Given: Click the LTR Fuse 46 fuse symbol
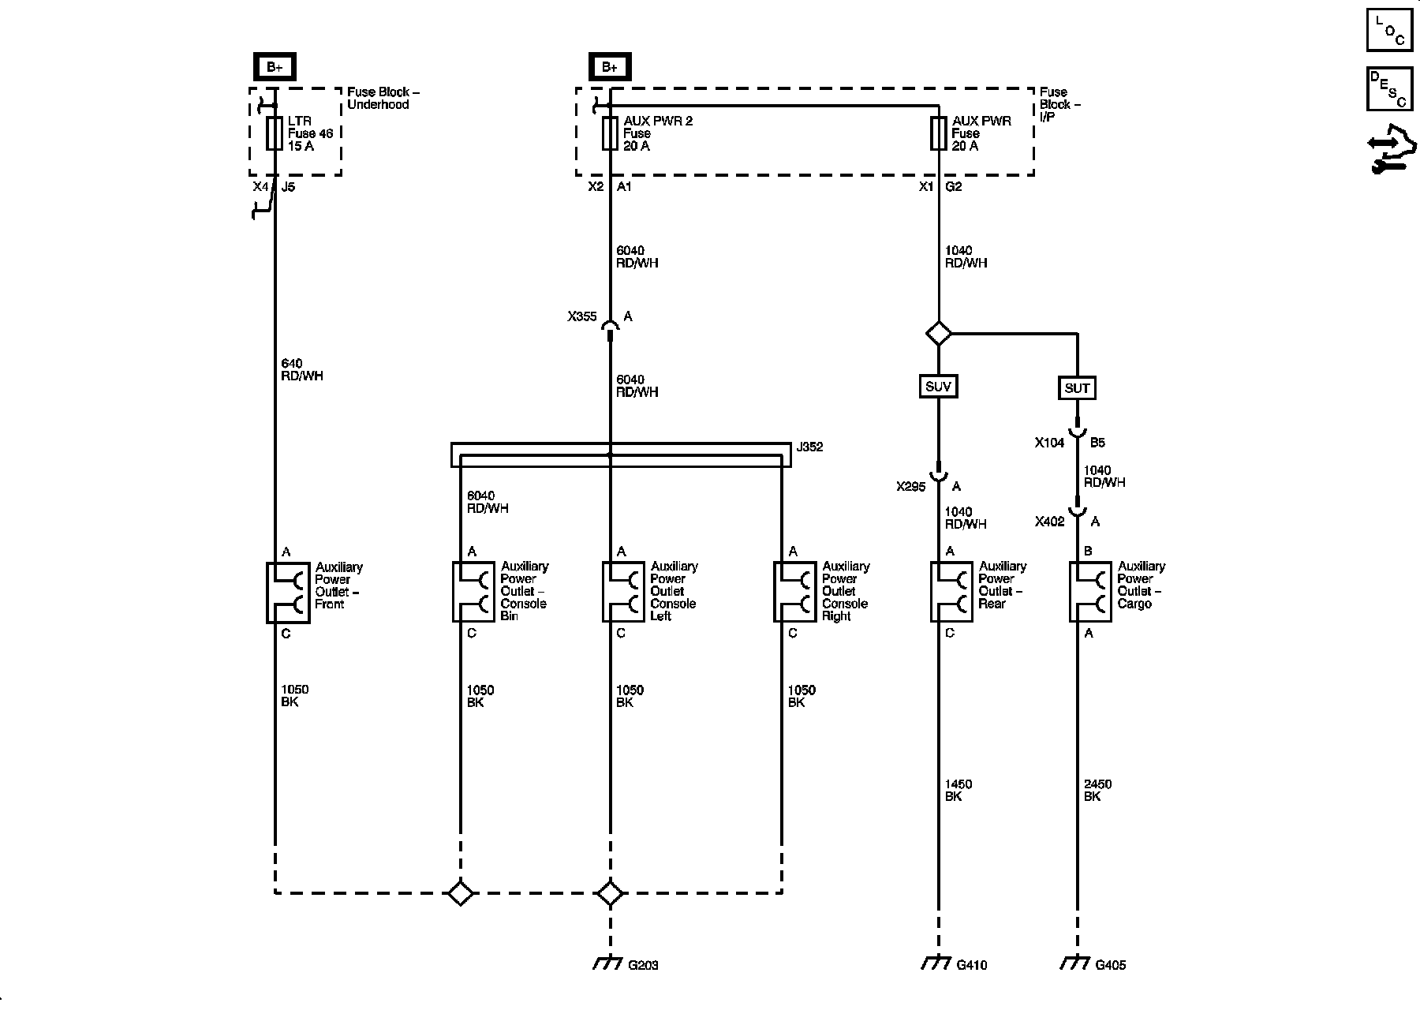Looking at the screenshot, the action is click(x=275, y=133).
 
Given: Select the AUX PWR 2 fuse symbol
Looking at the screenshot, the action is click(x=610, y=133).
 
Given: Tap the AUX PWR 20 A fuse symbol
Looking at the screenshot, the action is click(x=938, y=133).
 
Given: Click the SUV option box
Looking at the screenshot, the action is click(x=938, y=387).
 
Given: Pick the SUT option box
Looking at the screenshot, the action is click(x=1077, y=387).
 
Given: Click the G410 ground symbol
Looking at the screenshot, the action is click(x=936, y=964).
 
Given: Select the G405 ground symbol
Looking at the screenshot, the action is click(x=1074, y=964).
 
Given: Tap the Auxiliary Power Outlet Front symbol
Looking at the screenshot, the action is click(x=287, y=593).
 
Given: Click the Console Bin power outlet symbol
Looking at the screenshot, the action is click(x=473, y=592).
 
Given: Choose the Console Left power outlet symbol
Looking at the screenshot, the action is click(x=623, y=592).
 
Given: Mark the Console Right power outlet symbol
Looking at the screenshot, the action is click(x=794, y=592).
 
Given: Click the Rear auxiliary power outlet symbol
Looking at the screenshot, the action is click(x=951, y=592).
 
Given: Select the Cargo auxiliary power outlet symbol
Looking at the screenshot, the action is click(x=1090, y=592).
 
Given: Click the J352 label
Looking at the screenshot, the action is click(x=809, y=447).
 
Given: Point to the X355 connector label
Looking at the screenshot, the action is click(x=582, y=316).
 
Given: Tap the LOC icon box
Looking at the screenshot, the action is click(x=1389, y=30).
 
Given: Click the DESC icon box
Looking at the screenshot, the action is click(x=1389, y=88).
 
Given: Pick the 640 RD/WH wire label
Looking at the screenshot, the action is click(x=301, y=369).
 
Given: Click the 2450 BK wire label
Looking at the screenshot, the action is click(x=1097, y=790).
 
